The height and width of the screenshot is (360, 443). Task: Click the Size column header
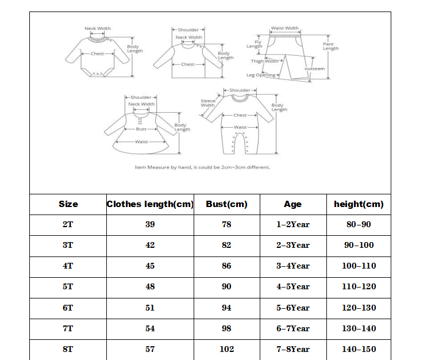click(x=68, y=204)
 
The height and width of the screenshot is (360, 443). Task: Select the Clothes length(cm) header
click(x=150, y=204)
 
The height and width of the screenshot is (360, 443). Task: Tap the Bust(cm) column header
click(x=226, y=204)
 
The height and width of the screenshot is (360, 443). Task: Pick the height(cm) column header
click(x=359, y=204)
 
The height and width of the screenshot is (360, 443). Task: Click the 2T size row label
click(x=68, y=224)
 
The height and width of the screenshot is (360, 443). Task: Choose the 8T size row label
click(x=68, y=349)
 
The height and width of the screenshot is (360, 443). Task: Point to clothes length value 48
click(x=150, y=286)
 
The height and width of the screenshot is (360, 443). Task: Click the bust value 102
click(x=226, y=349)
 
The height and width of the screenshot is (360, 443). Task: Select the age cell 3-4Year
click(x=293, y=266)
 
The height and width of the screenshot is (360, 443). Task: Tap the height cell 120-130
click(x=359, y=308)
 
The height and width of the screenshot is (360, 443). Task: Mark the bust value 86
click(x=226, y=266)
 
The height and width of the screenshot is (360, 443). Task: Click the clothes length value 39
click(x=150, y=224)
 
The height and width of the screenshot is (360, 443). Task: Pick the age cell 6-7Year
click(x=293, y=328)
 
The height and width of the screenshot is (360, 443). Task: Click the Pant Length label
click(x=330, y=46)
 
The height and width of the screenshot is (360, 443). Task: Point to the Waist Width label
click(x=284, y=28)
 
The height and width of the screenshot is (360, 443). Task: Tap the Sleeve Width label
click(x=207, y=103)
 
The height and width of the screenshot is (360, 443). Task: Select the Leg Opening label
click(x=261, y=75)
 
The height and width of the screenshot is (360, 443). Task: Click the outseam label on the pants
click(x=314, y=68)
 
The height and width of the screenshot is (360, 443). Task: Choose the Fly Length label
click(x=255, y=44)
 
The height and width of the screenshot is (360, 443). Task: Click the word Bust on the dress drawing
click(x=141, y=129)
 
